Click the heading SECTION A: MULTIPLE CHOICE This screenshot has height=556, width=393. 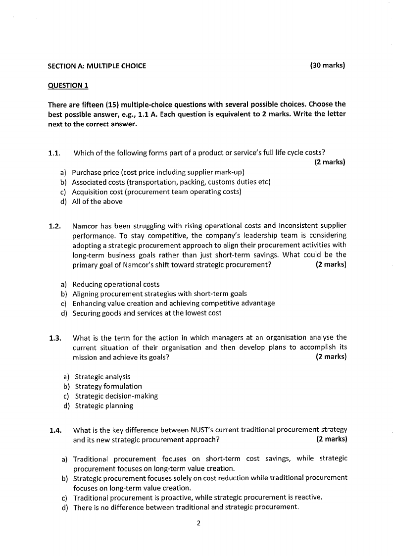[x=97, y=66]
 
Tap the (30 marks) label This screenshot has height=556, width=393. [x=327, y=65]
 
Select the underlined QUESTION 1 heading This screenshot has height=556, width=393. [x=68, y=85]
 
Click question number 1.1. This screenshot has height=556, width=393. [x=54, y=152]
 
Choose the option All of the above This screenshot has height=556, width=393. [x=97, y=202]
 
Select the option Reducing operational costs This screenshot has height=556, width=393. [x=116, y=284]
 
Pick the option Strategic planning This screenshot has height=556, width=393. [x=104, y=405]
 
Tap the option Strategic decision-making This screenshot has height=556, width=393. [x=116, y=396]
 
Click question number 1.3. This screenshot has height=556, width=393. [x=55, y=338]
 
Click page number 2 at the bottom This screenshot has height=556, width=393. [x=198, y=523]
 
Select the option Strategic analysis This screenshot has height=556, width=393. [x=102, y=377]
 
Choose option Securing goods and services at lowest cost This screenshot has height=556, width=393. [x=147, y=313]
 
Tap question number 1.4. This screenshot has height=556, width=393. [x=55, y=430]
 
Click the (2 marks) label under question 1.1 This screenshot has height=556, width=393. [x=330, y=162]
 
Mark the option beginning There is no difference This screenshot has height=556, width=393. [x=186, y=507]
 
